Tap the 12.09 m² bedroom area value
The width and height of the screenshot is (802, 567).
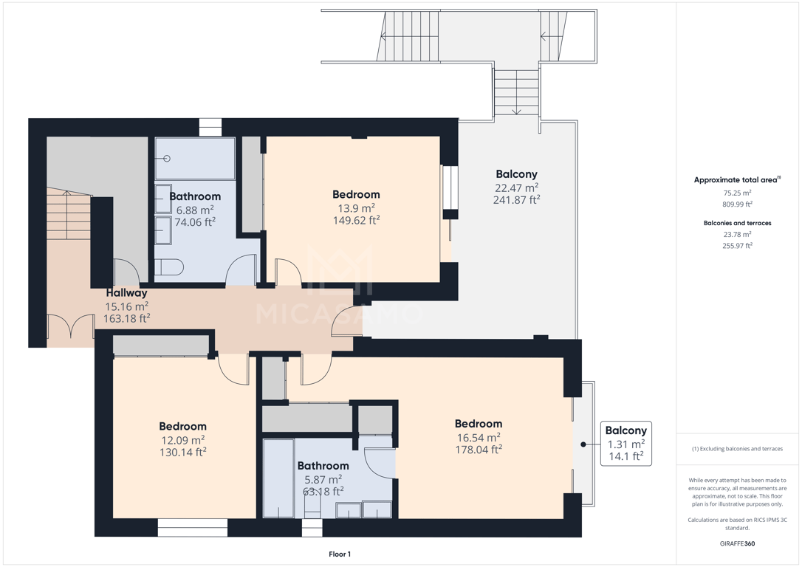(x=183, y=440)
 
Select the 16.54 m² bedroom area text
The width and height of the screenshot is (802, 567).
(x=479, y=438)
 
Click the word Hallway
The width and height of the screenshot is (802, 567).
(x=127, y=293)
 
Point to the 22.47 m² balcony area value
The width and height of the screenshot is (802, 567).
(x=517, y=188)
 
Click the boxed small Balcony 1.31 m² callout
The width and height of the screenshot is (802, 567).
(x=626, y=443)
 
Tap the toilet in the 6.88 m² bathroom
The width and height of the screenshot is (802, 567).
(x=169, y=267)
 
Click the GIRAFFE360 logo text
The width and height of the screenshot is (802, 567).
(x=737, y=543)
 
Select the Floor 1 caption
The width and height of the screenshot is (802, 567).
(x=340, y=554)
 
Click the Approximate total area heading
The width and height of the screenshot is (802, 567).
(x=737, y=180)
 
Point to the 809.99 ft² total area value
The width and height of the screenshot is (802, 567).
(x=738, y=204)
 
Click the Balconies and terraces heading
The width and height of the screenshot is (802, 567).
(x=738, y=223)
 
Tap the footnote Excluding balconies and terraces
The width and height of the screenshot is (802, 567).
(x=738, y=449)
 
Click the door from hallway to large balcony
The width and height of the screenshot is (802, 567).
(x=347, y=321)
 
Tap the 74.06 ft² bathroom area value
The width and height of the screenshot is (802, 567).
(x=195, y=222)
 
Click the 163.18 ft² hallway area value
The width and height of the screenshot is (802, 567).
(x=127, y=318)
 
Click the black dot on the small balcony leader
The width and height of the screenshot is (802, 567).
(x=583, y=444)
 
